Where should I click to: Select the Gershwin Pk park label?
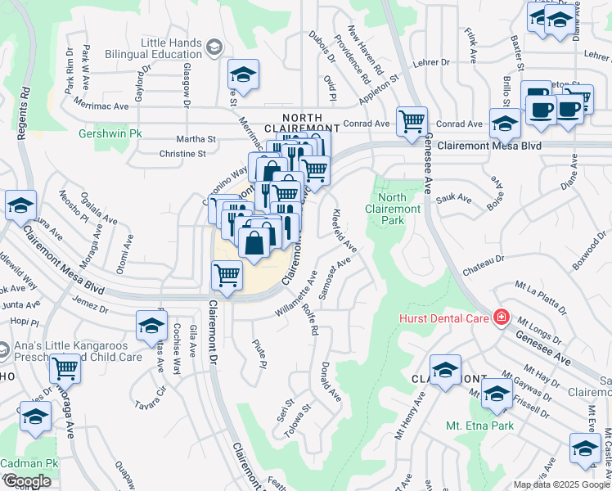tap(104, 133)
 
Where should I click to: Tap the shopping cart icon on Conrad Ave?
tap(412, 122)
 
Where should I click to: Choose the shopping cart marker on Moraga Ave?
tap(65, 369)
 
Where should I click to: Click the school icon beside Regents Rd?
tap(20, 208)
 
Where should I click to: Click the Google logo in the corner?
tap(27, 481)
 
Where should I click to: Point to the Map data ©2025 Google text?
tap(560, 484)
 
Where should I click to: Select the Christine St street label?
tap(182, 153)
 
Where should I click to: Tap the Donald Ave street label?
tap(331, 381)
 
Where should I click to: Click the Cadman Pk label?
tap(29, 463)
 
